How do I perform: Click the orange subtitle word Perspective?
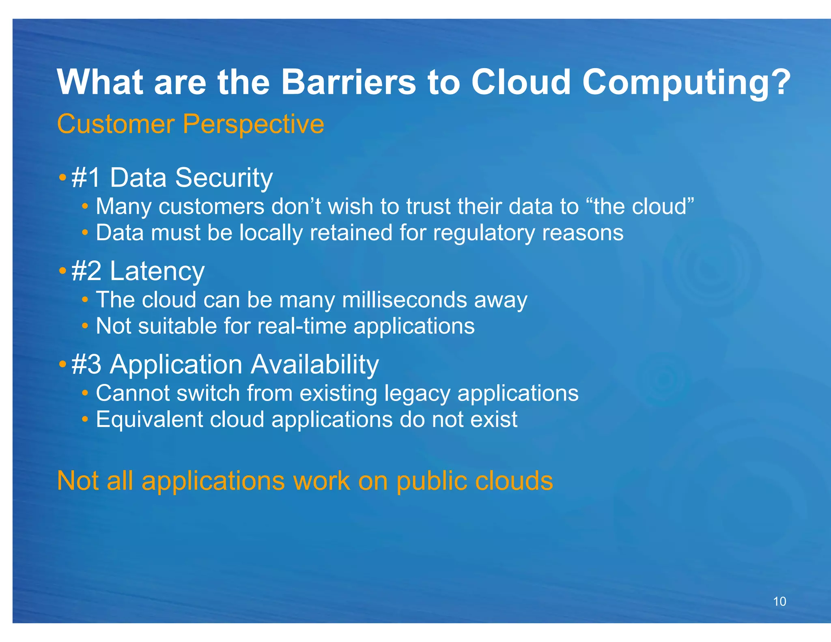point(253,124)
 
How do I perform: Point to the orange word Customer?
point(116,124)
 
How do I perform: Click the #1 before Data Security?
point(86,178)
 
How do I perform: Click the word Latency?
point(157,271)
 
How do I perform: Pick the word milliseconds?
point(404,300)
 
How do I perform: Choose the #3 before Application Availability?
point(86,364)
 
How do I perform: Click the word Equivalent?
point(149,420)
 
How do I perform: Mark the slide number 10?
point(779,601)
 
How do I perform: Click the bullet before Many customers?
point(85,207)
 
